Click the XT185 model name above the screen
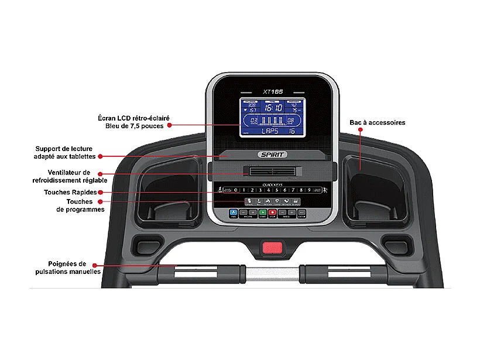pyautogui.click(x=272, y=91)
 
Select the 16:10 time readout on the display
pyautogui.click(x=272, y=108)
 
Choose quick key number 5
pyautogui.click(x=276, y=190)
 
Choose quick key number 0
pyautogui.click(x=236, y=190)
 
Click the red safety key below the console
pyautogui.click(x=270, y=248)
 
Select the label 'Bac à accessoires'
pyautogui.click(x=377, y=123)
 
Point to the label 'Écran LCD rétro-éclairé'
pyautogui.click(x=133, y=118)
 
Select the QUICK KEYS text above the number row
pyautogui.click(x=272, y=184)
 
